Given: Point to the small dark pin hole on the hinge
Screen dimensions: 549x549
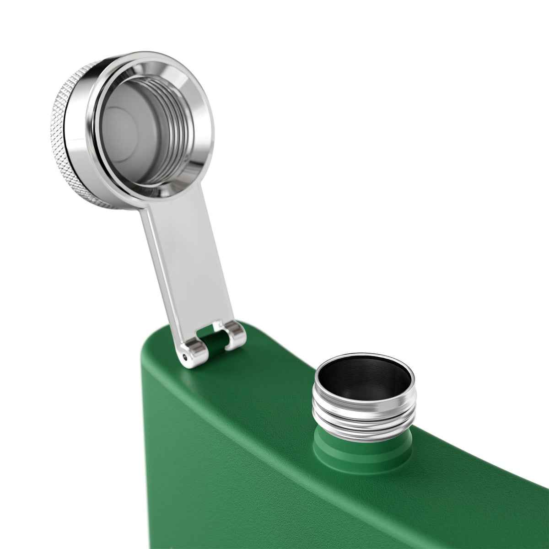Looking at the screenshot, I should pos(184,355).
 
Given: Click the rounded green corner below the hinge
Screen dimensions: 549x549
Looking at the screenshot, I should pos(151,361).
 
